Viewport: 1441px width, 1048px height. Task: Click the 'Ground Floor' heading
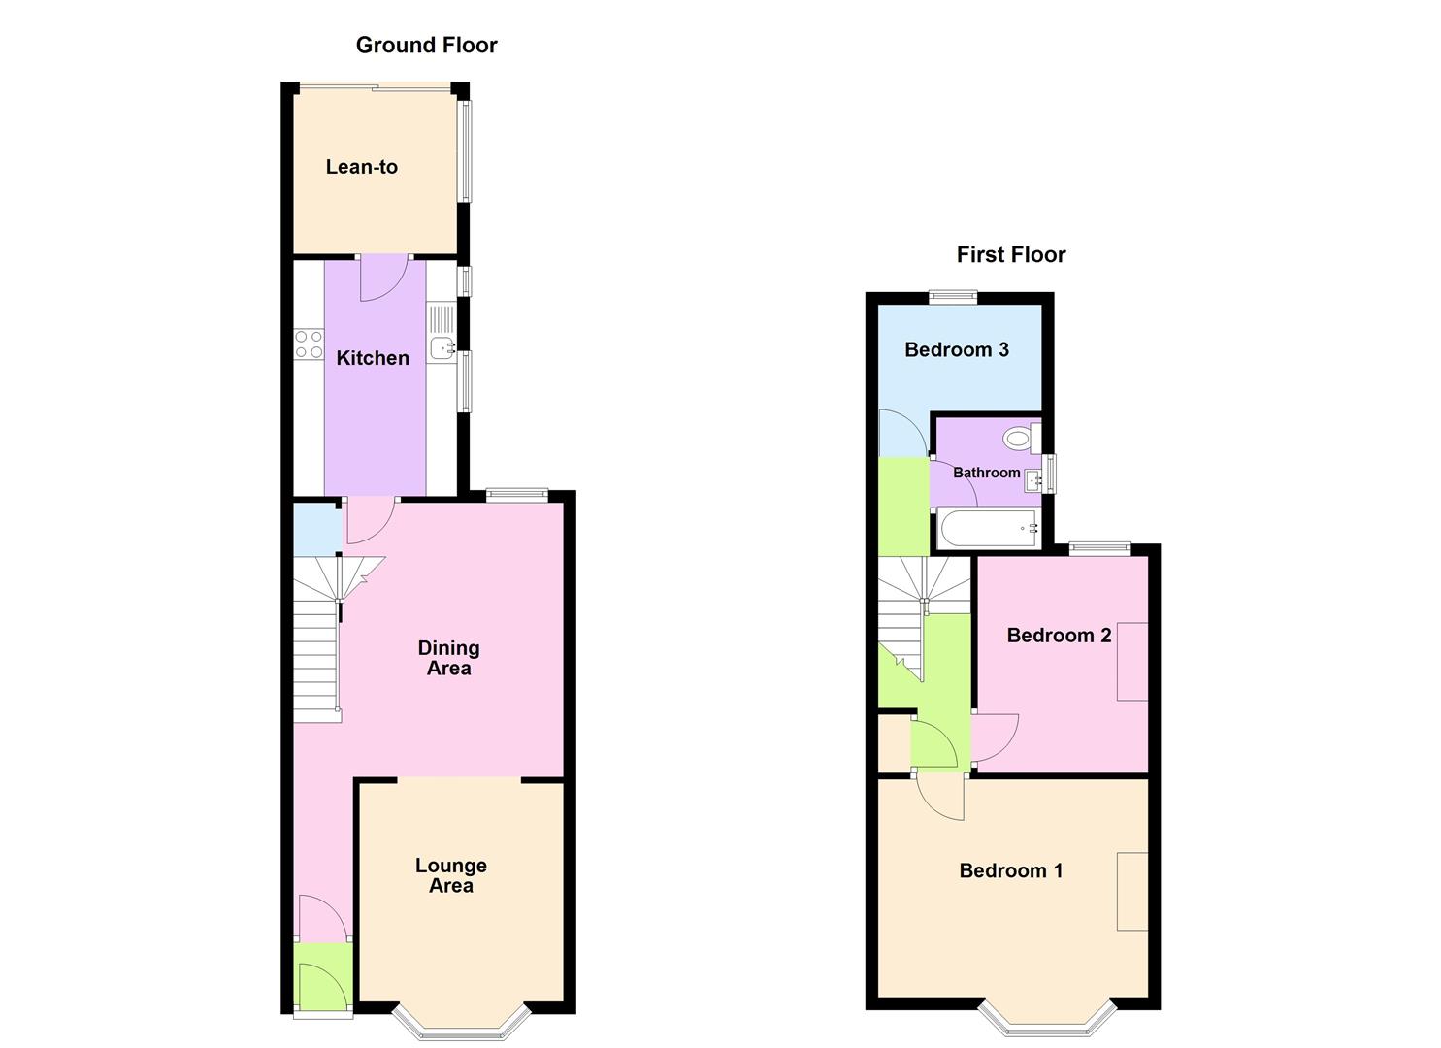(426, 46)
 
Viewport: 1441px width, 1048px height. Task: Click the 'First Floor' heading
(1010, 255)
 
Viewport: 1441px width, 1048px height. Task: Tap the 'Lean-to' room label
(361, 167)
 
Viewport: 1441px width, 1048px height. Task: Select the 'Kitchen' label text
(373, 358)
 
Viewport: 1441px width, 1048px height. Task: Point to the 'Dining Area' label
(448, 658)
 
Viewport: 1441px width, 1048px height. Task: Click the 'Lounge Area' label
(450, 875)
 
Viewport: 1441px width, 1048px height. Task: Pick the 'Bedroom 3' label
(956, 349)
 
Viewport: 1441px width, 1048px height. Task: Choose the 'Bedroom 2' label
(1059, 636)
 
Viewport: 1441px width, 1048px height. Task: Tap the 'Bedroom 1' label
(1010, 870)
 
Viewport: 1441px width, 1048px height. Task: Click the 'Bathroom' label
(986, 473)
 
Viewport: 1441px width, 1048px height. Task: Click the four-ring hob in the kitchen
(309, 344)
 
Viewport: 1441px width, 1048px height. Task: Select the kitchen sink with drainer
(442, 334)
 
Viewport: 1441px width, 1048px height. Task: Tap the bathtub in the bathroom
(988, 530)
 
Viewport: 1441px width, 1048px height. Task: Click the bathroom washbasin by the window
(1034, 477)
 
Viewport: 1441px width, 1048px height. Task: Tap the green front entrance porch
(321, 979)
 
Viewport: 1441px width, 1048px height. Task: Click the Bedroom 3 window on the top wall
(951, 298)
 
